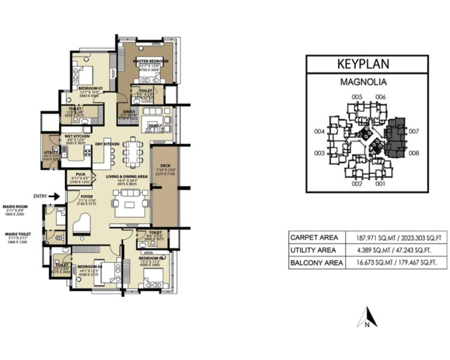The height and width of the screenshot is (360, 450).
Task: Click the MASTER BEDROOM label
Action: click(x=150, y=61)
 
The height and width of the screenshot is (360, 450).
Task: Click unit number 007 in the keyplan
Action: click(x=414, y=132)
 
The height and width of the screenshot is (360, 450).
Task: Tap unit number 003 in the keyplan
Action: click(x=319, y=153)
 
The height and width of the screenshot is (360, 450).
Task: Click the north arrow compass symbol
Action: click(x=368, y=317)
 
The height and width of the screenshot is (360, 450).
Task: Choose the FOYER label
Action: click(x=86, y=196)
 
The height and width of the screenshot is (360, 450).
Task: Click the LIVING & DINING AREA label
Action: click(x=127, y=176)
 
